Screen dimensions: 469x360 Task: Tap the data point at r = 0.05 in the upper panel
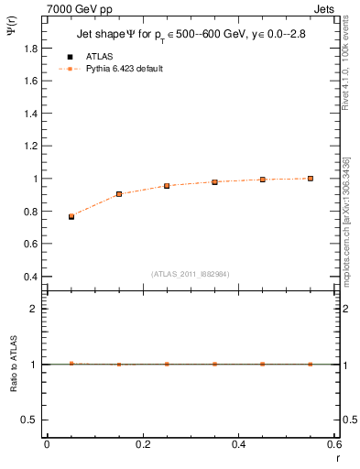(71, 216)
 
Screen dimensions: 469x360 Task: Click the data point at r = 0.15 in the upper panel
(119, 194)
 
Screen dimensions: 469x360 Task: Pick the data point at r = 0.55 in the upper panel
(311, 179)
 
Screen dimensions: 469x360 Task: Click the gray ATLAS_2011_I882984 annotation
(190, 274)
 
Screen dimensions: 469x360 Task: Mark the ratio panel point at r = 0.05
(71, 364)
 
